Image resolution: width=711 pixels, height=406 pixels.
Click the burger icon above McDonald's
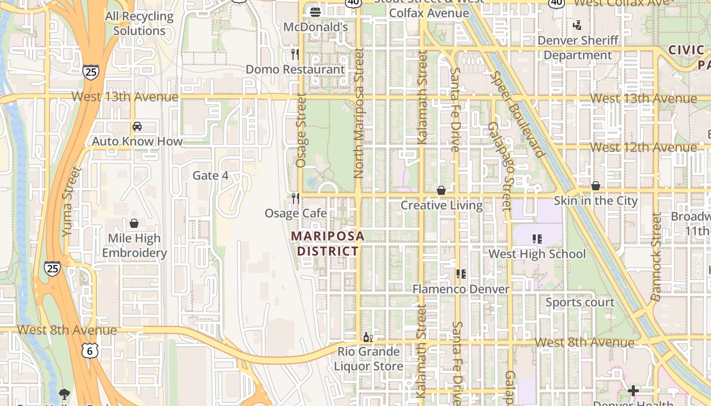pyautogui.click(x=315, y=11)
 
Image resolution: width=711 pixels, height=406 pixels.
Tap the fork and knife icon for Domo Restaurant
pyautogui.click(x=295, y=54)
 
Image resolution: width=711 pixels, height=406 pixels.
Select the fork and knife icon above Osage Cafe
pyautogui.click(x=295, y=198)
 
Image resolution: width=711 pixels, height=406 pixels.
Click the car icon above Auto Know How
pyautogui.click(x=137, y=126)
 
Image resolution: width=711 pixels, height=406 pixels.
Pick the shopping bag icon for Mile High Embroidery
pyautogui.click(x=134, y=223)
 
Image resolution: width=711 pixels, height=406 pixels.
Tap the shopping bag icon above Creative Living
pyautogui.click(x=441, y=190)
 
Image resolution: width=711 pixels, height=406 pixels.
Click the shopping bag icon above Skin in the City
pyautogui.click(x=595, y=186)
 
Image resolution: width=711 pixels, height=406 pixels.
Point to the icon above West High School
pyautogui.click(x=537, y=239)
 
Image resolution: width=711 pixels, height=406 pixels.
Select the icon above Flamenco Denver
pyautogui.click(x=461, y=274)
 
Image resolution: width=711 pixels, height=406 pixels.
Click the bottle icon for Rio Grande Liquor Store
pyautogui.click(x=368, y=337)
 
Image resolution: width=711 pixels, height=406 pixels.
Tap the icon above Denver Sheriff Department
pyautogui.click(x=577, y=25)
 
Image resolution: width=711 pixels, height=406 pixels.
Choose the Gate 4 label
pyautogui.click(x=211, y=176)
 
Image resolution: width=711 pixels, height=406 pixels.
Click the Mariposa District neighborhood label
pyautogui.click(x=328, y=243)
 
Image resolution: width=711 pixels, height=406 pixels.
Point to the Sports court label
pyautogui.click(x=580, y=302)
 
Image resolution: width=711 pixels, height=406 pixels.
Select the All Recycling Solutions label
pyautogui.click(x=139, y=23)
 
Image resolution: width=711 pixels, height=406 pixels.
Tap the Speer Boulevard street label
pyautogui.click(x=518, y=115)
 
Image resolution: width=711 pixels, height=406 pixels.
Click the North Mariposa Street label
pyautogui.click(x=360, y=113)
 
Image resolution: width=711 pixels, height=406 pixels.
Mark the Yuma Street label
pyautogui.click(x=72, y=202)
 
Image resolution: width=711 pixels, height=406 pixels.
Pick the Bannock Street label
pyautogui.click(x=656, y=257)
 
